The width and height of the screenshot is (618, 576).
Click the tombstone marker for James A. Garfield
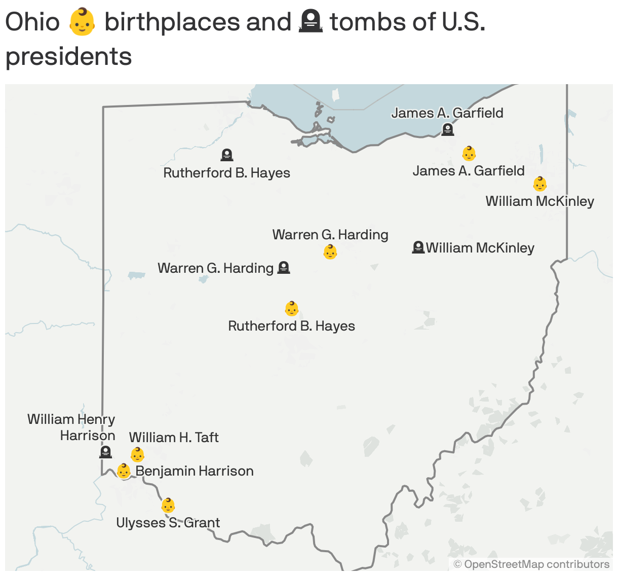447,129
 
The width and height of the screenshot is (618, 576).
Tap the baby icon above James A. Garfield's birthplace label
469,153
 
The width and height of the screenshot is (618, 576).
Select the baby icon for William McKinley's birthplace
540,184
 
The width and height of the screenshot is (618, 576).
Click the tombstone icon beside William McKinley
418,247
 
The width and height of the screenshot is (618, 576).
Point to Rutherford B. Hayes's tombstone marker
227,155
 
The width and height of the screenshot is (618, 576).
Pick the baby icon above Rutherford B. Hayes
292,308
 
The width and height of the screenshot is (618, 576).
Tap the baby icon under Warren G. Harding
330,251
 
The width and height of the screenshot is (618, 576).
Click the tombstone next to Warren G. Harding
284,267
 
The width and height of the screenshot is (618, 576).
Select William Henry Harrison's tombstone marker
105,452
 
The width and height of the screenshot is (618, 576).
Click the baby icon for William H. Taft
138,454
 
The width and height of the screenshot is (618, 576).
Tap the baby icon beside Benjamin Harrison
124,471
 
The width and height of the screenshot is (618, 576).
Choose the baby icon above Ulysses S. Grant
168,506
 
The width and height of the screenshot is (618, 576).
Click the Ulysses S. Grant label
168,523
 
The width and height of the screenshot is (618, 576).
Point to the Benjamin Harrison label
195,471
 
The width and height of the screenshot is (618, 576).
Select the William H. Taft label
174,437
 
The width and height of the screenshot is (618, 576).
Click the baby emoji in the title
82,23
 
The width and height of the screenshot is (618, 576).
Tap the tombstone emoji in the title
311,22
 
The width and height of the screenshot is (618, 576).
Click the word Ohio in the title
32,22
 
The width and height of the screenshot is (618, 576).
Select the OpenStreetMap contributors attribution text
531,564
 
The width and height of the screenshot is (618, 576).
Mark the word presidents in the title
69,56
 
